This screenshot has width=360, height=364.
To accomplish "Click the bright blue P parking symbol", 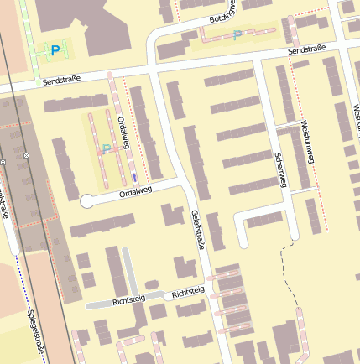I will click(x=55, y=50).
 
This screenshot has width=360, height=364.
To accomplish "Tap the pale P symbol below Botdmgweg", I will click(x=237, y=34).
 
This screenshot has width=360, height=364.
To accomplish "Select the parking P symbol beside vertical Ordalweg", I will click(x=107, y=148).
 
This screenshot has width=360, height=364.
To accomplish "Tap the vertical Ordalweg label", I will click(x=123, y=133).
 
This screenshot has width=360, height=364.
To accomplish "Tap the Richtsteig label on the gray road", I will click(x=128, y=299).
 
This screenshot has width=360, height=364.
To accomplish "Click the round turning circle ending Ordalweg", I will click(x=86, y=201).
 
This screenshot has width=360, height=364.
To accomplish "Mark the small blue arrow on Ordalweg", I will click(x=134, y=178).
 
